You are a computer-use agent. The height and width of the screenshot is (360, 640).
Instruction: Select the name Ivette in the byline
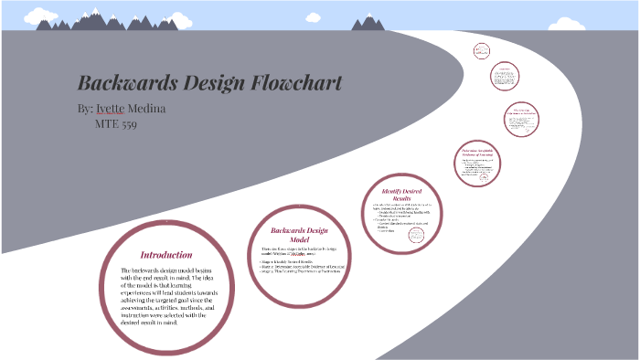[115, 110]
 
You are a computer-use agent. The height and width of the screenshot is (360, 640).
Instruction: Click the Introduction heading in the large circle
[165, 255]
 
